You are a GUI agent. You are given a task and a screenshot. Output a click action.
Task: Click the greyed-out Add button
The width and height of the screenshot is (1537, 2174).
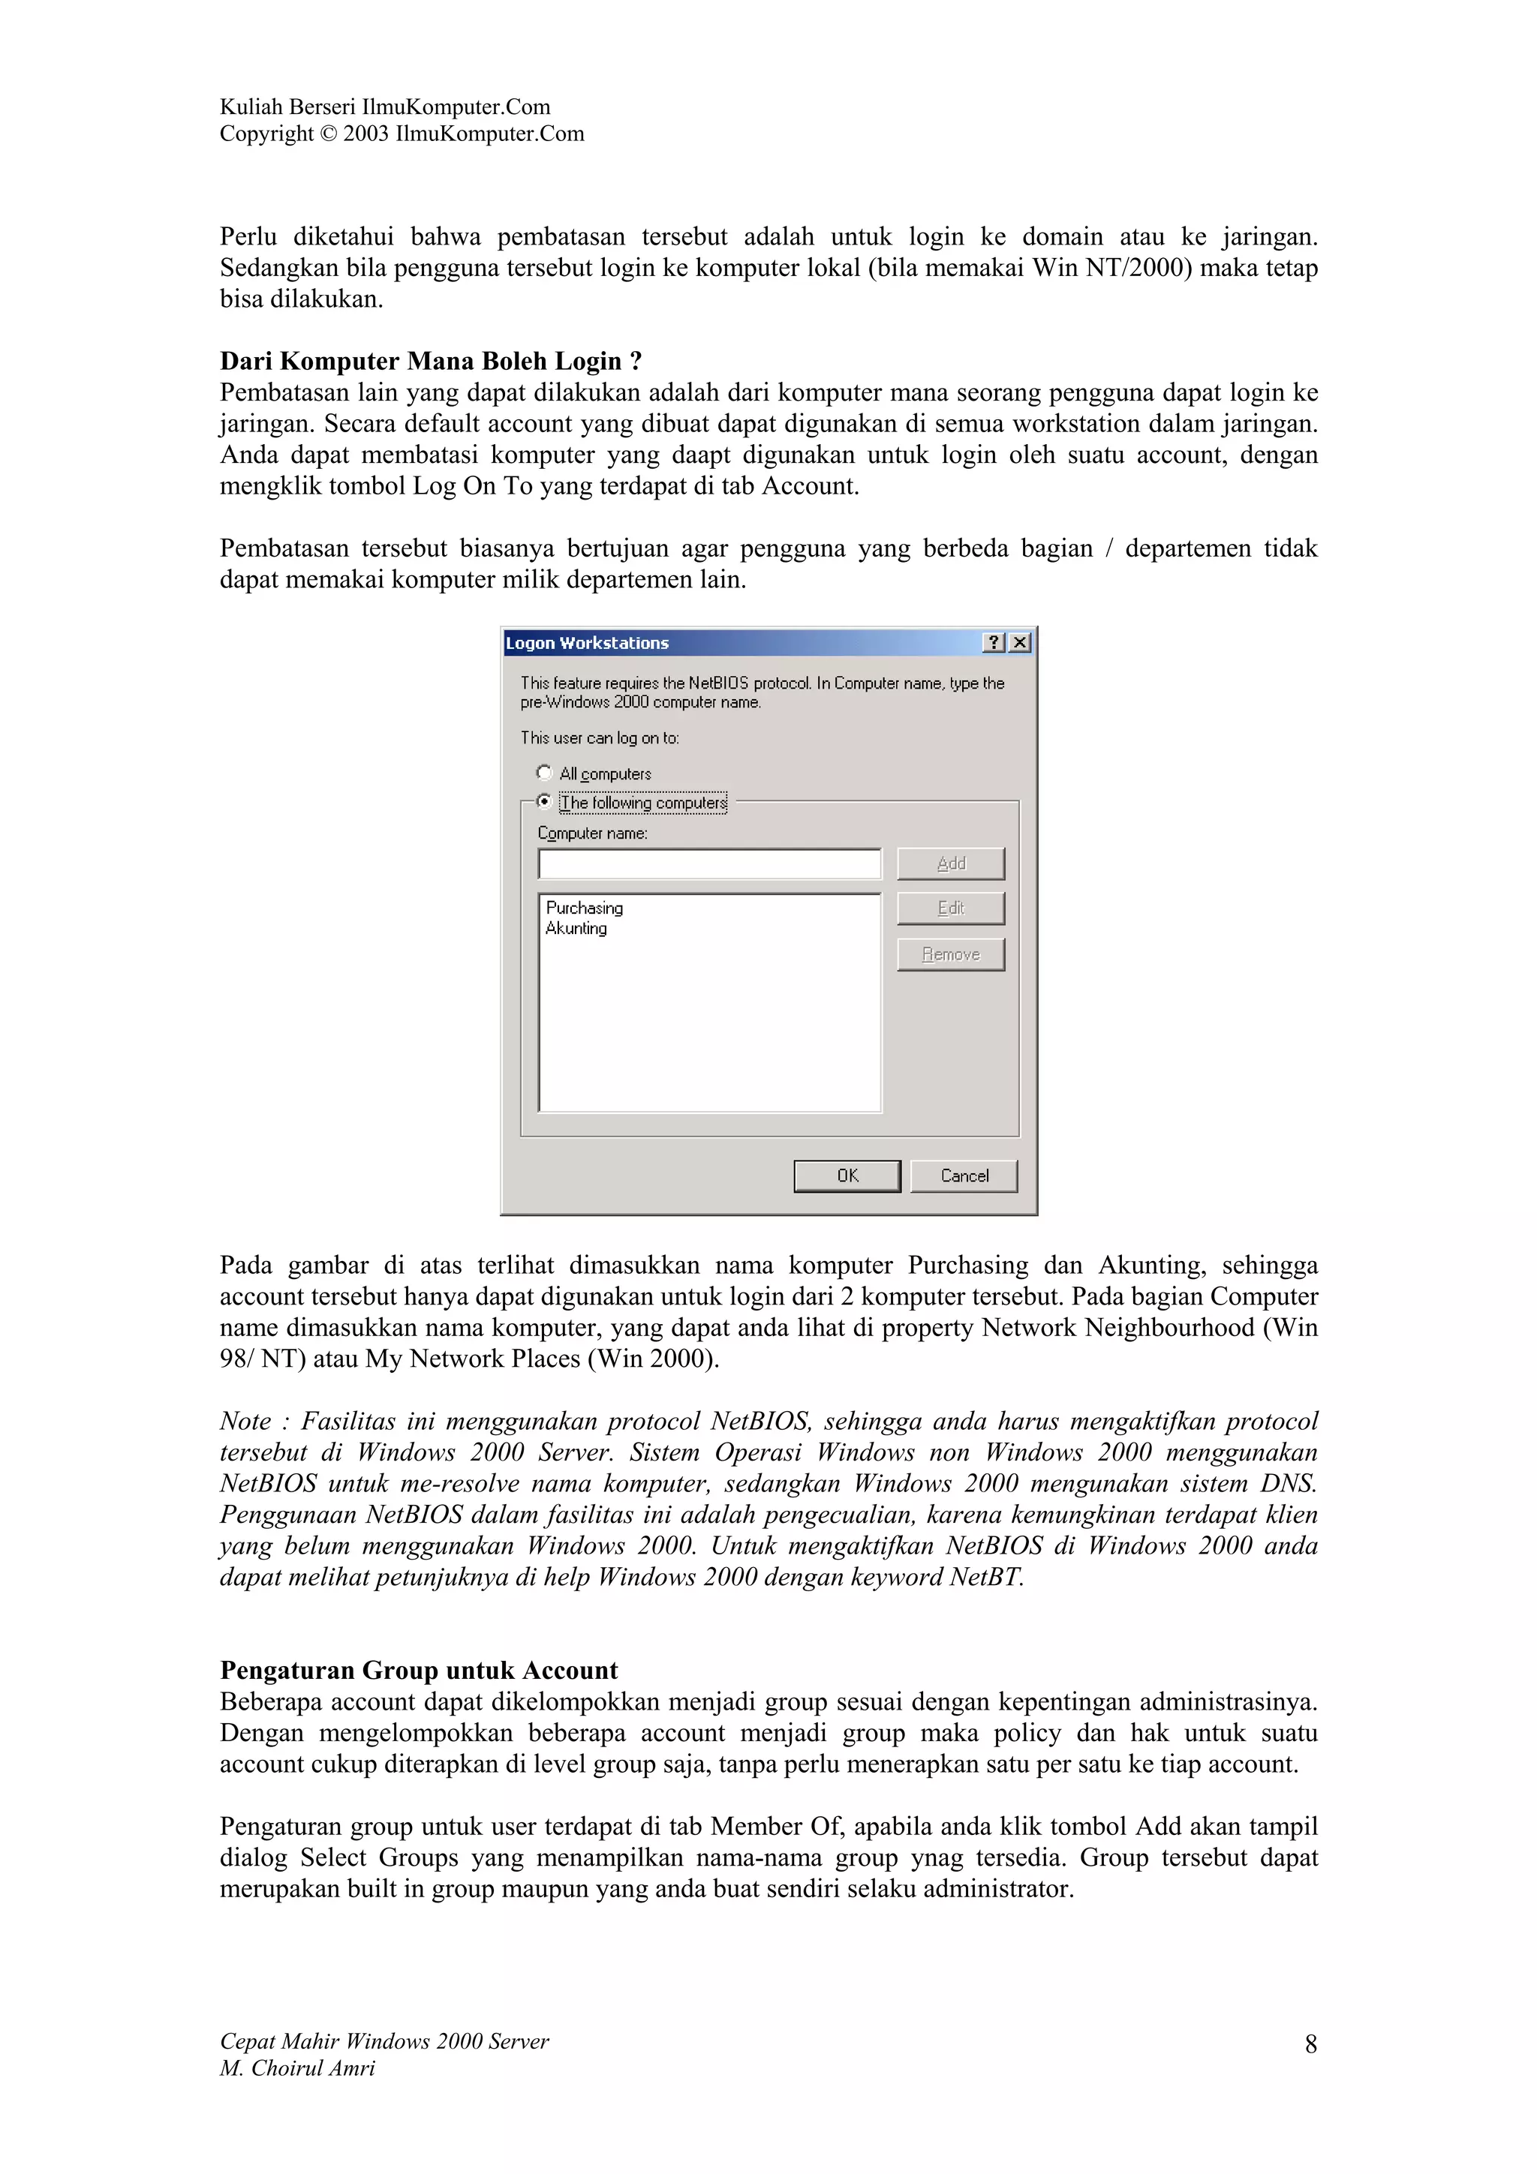951,863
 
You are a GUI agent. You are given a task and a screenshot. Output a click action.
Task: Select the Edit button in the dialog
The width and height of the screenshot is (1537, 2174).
951,908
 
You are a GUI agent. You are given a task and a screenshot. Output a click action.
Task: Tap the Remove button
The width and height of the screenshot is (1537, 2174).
951,954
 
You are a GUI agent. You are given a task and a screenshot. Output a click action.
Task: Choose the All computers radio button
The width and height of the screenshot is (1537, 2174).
545,773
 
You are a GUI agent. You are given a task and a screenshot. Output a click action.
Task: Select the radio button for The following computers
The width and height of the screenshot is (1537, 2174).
545,801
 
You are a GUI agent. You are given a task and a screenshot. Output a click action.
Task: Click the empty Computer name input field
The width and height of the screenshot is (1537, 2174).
709,863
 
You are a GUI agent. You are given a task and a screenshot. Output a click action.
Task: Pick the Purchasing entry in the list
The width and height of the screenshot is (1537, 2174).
585,908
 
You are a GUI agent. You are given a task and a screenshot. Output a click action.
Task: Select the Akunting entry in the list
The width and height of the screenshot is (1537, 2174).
576,929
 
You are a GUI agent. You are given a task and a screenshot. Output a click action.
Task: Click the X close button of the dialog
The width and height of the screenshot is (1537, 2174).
1020,643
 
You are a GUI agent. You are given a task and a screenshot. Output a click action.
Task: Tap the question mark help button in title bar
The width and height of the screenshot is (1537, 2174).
994,643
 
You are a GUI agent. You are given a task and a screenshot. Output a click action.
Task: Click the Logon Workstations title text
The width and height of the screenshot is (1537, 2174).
587,643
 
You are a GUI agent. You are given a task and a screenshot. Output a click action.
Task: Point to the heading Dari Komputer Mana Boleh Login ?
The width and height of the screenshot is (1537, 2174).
431,361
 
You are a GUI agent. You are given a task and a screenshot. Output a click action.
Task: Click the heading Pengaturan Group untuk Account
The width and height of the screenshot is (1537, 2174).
419,1669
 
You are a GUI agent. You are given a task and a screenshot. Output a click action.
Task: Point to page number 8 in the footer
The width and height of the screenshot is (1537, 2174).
1310,2043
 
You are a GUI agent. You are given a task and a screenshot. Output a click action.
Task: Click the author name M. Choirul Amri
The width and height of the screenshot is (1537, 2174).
297,2068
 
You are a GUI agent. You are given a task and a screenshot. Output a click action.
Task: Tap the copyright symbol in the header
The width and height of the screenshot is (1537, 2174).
328,134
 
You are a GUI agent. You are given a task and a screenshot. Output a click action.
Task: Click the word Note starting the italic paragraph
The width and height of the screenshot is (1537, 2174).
245,1422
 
